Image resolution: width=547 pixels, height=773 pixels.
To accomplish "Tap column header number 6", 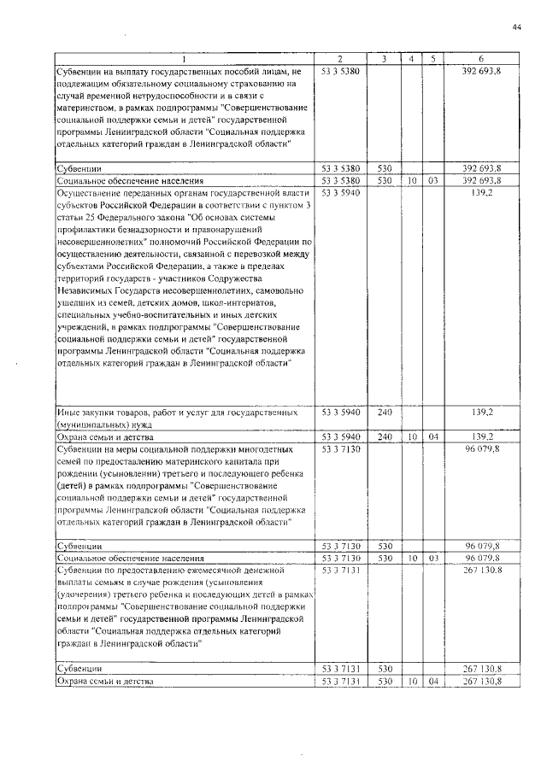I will (x=483, y=59).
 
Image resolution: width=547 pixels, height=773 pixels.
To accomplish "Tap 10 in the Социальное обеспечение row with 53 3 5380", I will (x=411, y=182).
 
